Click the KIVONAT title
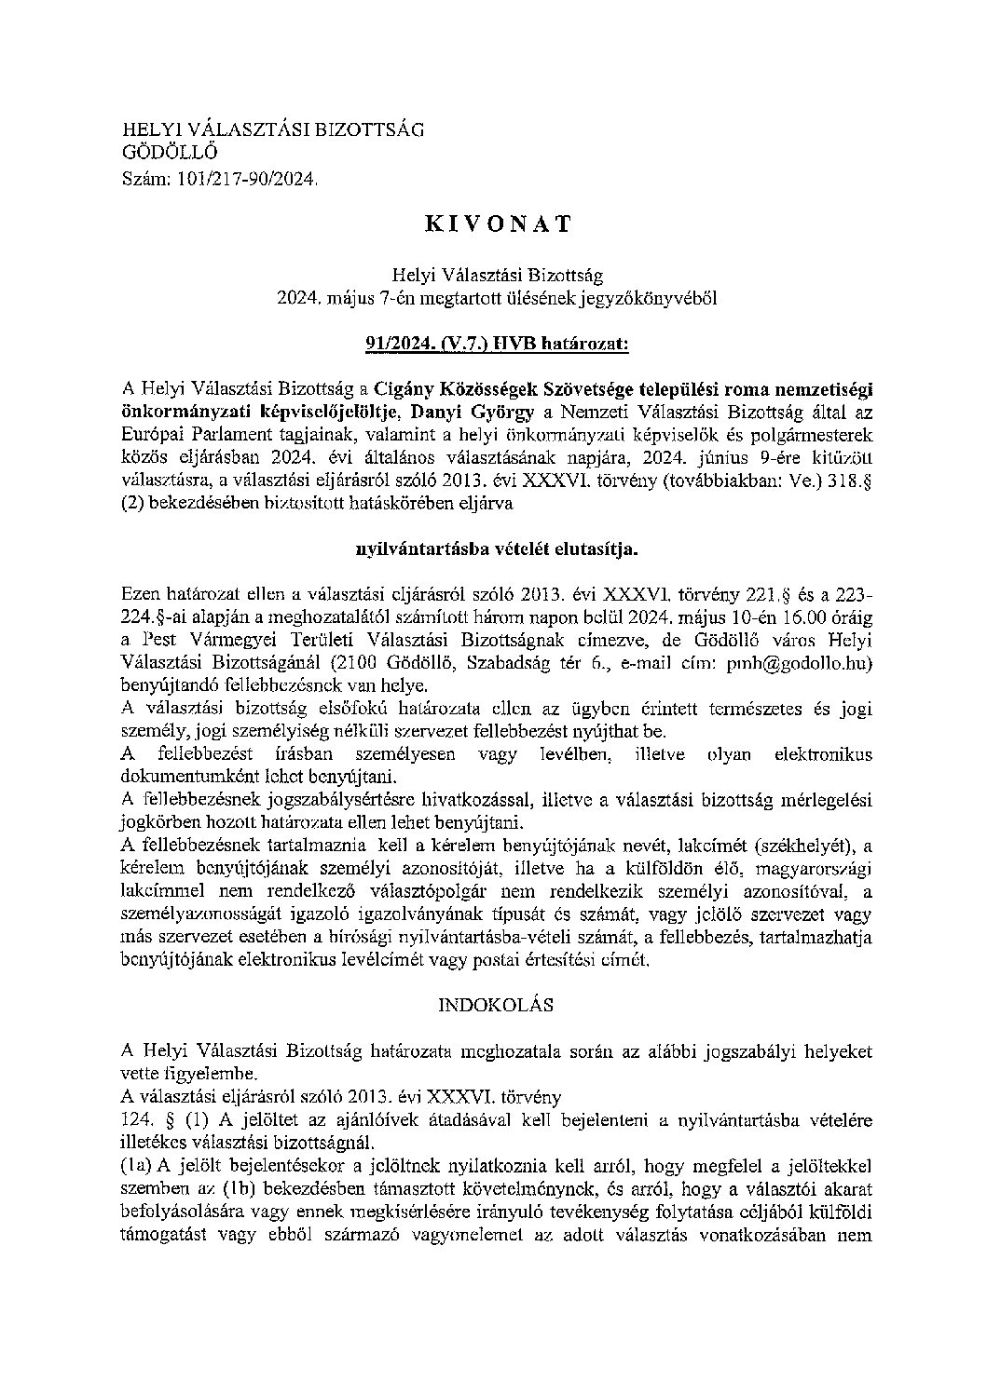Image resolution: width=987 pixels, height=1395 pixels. (x=498, y=223)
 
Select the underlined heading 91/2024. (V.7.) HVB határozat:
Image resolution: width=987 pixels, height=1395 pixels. (x=498, y=344)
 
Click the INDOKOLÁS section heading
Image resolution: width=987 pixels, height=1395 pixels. (x=496, y=1006)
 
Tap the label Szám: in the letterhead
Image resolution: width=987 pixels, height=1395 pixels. (x=144, y=177)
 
